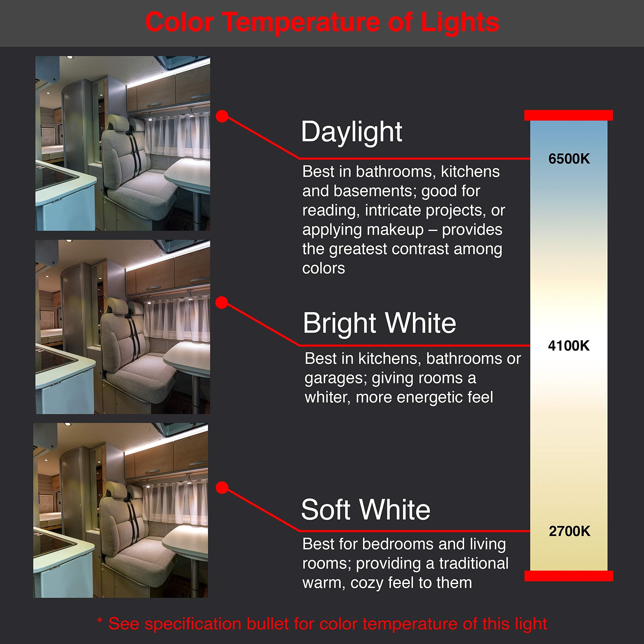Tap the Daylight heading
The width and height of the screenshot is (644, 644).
pyautogui.click(x=351, y=132)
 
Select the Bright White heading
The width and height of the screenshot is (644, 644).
pyautogui.click(x=379, y=323)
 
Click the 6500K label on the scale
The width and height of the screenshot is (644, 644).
pyautogui.click(x=569, y=159)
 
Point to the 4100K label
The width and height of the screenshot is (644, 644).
pyautogui.click(x=569, y=346)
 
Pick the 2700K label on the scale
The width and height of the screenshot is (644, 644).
pyautogui.click(x=569, y=531)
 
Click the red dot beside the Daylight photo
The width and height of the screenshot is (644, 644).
pyautogui.click(x=222, y=116)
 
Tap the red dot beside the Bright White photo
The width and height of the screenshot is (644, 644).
pyautogui.click(x=222, y=303)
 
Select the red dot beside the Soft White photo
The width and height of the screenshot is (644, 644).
pyautogui.click(x=222, y=488)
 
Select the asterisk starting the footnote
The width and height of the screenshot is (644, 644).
pyautogui.click(x=99, y=621)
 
